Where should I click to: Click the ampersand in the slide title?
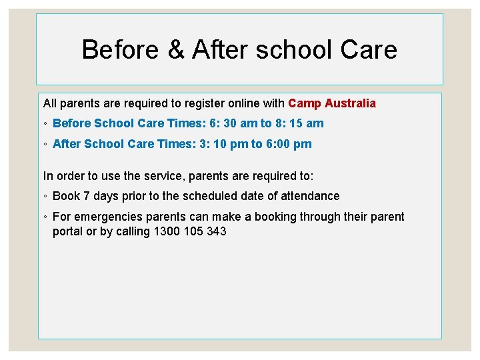[x=176, y=50]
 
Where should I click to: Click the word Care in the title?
[x=368, y=50]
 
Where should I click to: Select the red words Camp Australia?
[x=332, y=103]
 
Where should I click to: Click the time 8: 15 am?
[x=298, y=123]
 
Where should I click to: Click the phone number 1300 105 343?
[x=190, y=232]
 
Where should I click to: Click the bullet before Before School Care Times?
[x=45, y=124]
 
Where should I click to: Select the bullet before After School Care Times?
[x=45, y=145]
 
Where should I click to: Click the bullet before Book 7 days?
[x=45, y=197]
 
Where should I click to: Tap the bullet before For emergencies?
[x=45, y=217]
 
